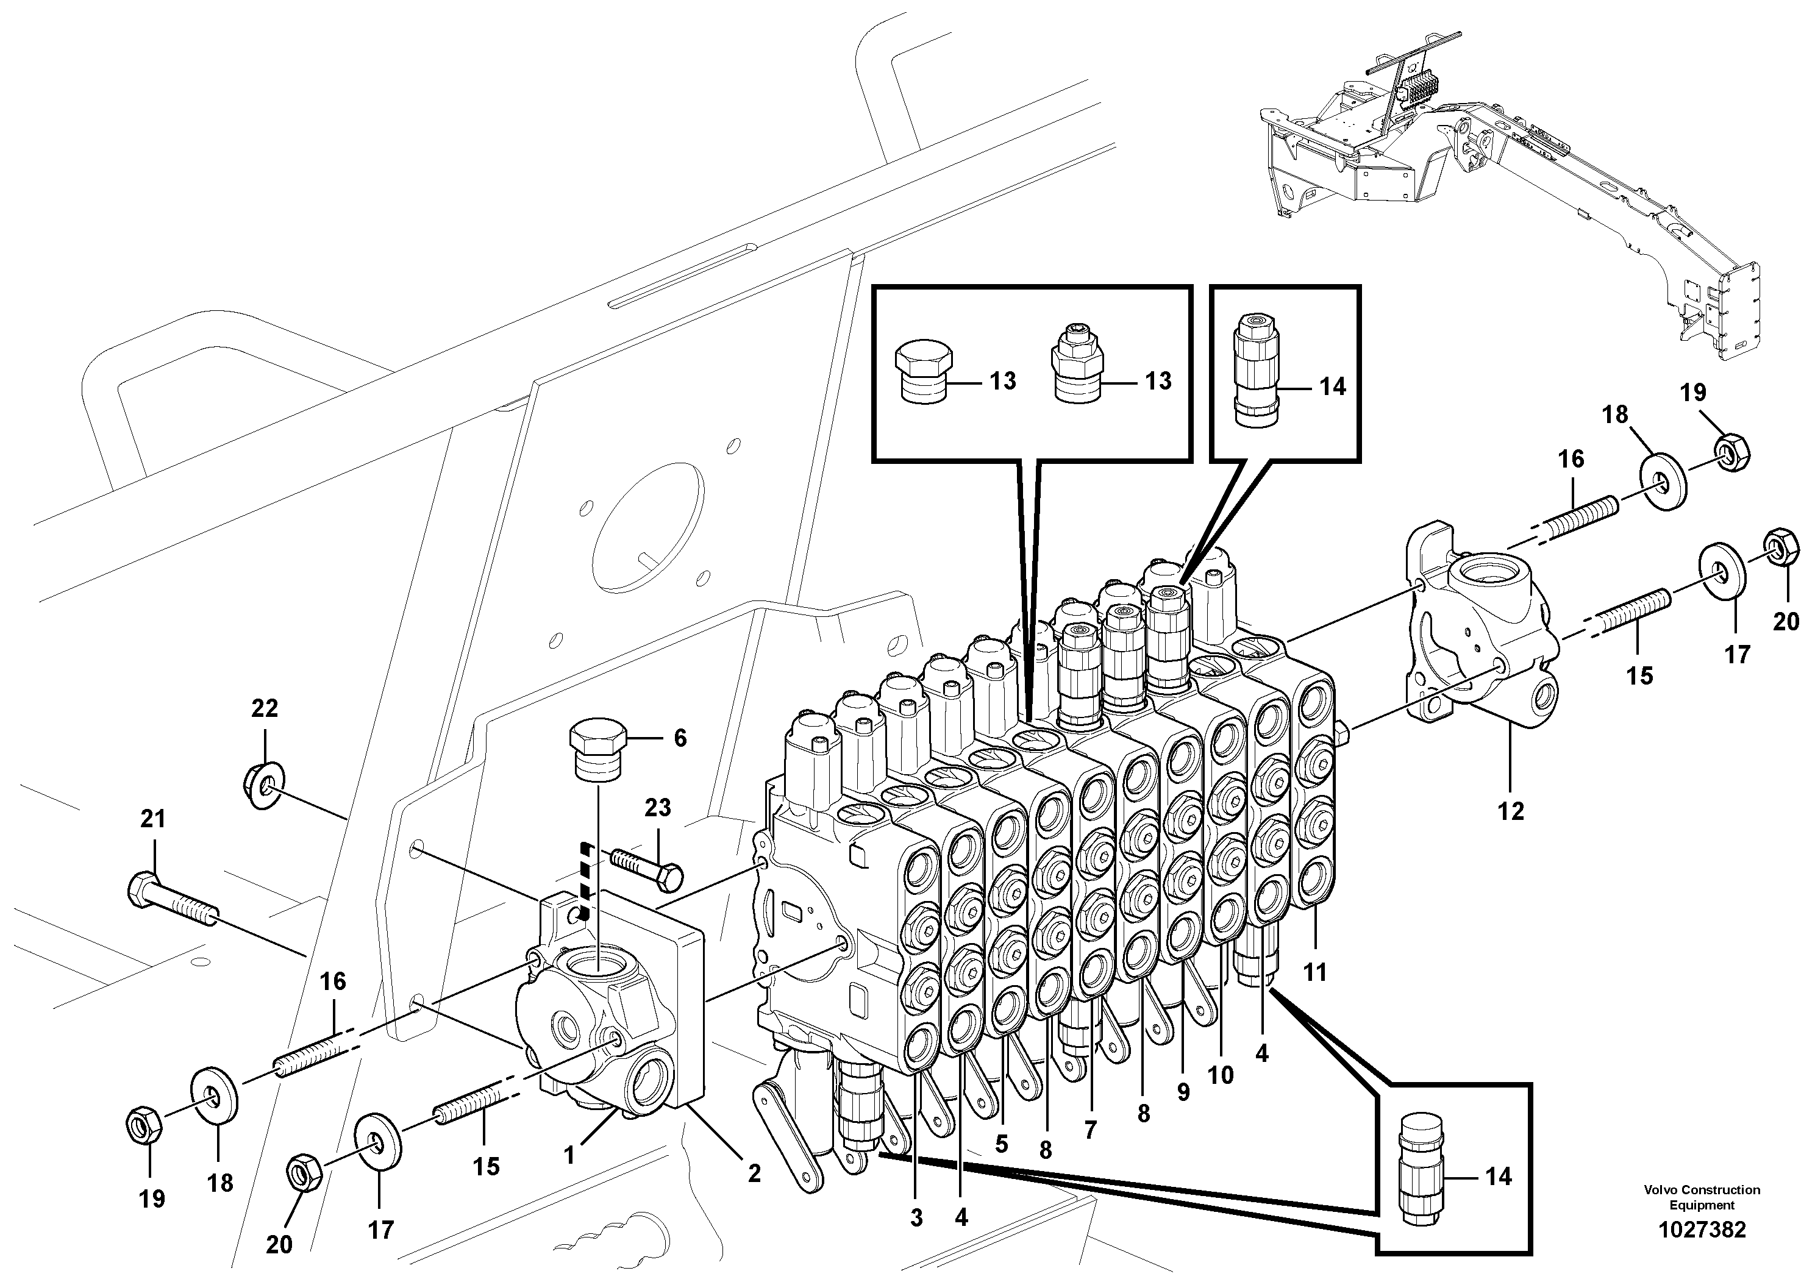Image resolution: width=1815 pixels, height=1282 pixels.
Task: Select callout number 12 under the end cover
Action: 1511,810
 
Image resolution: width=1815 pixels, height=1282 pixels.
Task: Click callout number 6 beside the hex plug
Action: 680,738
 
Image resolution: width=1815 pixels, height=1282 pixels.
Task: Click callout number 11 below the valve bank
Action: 1314,971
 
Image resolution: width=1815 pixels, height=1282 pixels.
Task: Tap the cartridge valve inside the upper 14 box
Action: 1255,371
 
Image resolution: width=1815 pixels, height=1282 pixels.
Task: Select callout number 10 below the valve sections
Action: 1221,1075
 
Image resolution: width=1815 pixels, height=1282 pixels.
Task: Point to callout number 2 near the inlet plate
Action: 754,1173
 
